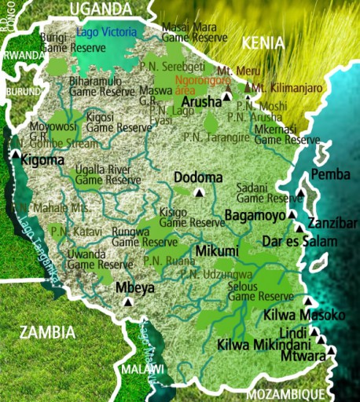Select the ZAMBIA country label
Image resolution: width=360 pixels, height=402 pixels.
[x=48, y=331]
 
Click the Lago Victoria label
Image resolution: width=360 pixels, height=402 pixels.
[x=106, y=32]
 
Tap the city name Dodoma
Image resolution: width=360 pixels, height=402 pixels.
[x=198, y=177]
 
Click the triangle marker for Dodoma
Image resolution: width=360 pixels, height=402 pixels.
[x=200, y=192]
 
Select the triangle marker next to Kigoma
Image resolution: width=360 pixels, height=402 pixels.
[x=16, y=155]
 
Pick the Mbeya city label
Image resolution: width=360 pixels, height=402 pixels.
[x=134, y=287]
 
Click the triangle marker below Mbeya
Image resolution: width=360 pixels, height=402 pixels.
[x=128, y=300]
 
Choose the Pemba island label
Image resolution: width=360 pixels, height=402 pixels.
[x=330, y=174]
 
